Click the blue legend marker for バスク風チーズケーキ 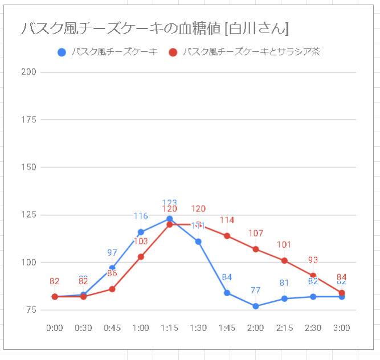point(62,52)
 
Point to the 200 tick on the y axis point(30,72)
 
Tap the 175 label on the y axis point(30,120)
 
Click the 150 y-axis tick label point(30,167)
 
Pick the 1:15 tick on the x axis point(169,328)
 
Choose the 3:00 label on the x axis point(341,328)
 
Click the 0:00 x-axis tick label point(55,328)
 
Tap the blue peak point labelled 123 point(170,219)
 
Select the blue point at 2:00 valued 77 point(256,306)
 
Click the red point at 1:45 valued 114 point(227,236)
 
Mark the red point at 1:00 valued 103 point(141,256)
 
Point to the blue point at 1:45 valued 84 point(227,293)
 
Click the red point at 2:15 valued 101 point(284,260)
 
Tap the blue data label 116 point(141,216)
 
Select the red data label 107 point(256,233)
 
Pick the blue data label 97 point(112,252)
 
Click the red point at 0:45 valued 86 point(112,289)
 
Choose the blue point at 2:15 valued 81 point(284,298)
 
